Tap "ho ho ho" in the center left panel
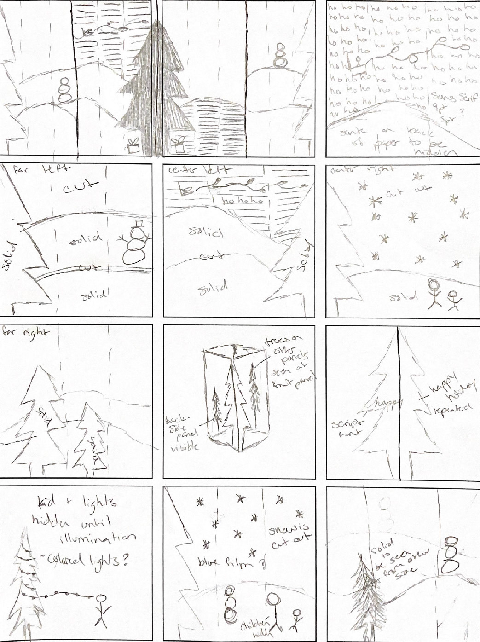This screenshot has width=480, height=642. point(243,201)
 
